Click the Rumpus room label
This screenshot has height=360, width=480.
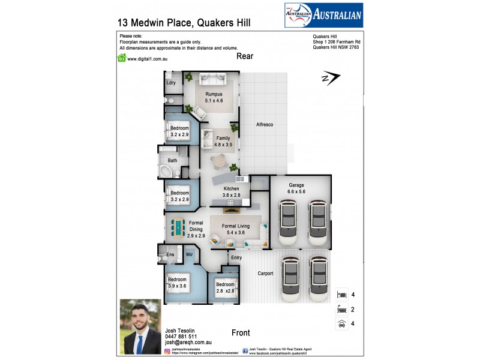coord(214,94)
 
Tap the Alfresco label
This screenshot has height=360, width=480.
coord(265,124)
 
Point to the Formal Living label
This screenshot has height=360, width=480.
coord(233,226)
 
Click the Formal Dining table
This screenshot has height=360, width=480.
coord(178,227)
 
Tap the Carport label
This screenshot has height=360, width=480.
coord(265,273)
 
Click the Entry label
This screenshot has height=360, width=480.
coord(236,257)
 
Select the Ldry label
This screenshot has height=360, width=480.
coord(171,82)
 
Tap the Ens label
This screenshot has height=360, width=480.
coord(170,255)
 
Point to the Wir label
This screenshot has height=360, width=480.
coord(188,255)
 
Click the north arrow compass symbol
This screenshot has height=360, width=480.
coord(331,79)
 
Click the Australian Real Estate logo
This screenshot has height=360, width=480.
coord(323,16)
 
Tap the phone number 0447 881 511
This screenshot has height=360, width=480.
coord(181,337)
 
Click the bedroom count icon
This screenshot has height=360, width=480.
coord(341,295)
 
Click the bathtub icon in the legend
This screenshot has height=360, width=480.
coord(341,310)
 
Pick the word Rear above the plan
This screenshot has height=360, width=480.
coord(245,56)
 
